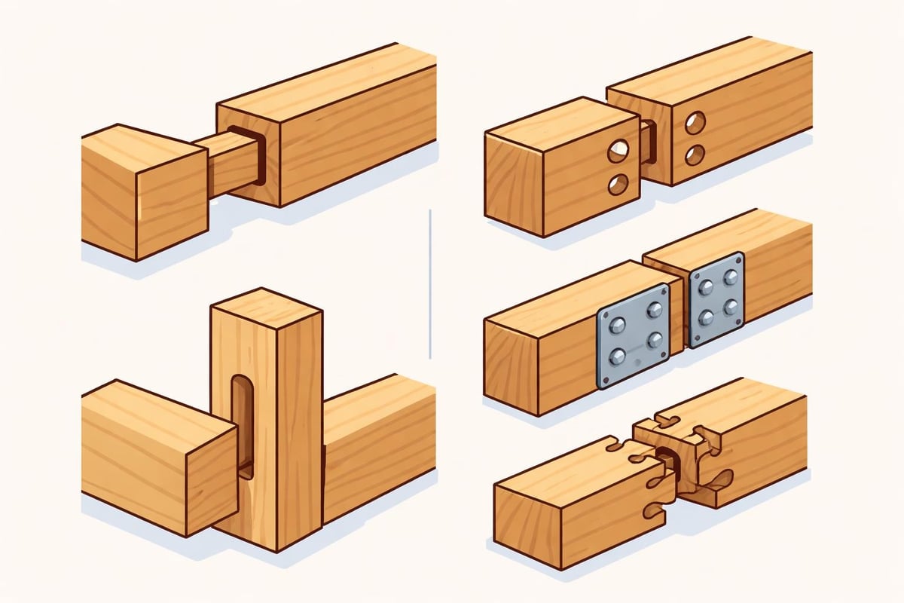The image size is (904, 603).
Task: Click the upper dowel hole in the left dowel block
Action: [x=619, y=152]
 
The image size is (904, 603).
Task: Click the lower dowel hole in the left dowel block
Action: [x=619, y=183]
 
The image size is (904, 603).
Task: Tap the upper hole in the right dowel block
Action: [x=695, y=122]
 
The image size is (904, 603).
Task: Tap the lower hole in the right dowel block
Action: [x=695, y=155]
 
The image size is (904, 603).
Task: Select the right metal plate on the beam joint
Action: [x=717, y=299]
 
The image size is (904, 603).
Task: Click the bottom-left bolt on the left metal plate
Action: [x=618, y=357]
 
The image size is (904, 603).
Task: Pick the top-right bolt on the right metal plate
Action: [x=731, y=277]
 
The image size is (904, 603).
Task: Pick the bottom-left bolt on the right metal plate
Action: [x=706, y=317]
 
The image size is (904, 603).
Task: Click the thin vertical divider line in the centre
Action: [x=429, y=285]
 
